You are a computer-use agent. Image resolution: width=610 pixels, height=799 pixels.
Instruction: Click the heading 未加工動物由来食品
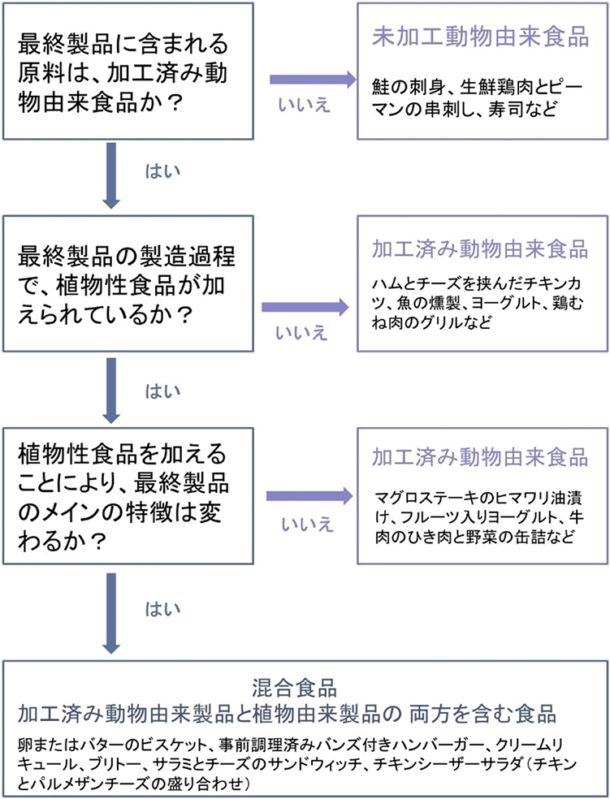point(480,38)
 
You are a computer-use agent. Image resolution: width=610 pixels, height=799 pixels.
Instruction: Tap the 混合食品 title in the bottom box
point(294,689)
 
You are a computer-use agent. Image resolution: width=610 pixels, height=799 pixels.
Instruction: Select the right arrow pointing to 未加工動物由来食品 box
point(313,80)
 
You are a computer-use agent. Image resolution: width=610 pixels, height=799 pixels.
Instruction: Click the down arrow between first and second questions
point(111,175)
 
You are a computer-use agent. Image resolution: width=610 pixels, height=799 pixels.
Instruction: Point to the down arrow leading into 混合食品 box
point(111,614)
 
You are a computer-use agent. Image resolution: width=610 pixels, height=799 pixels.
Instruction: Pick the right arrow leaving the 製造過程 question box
point(305,307)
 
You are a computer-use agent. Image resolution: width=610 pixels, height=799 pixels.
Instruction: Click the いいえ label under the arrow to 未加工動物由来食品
point(305,106)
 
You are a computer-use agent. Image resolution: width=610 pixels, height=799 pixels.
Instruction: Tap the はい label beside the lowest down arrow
point(163,609)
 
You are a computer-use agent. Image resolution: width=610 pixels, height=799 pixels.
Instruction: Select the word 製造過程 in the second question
point(178,257)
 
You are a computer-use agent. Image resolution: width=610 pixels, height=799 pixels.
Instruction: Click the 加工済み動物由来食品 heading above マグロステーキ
point(480,457)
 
